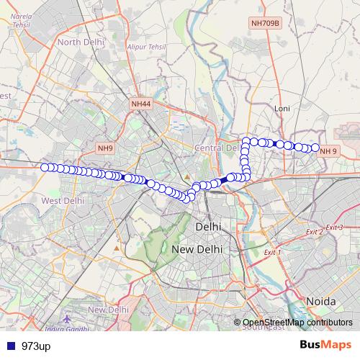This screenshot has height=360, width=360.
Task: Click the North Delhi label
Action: coord(81,42)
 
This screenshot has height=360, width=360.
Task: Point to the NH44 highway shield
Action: coord(141,104)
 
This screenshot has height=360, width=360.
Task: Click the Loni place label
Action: coord(282,109)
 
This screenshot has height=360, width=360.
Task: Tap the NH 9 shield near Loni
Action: coord(328,151)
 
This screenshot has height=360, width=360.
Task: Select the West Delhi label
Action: coord(63,200)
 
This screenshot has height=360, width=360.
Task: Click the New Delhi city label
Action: coord(197,249)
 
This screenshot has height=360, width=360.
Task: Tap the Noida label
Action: coord(320,300)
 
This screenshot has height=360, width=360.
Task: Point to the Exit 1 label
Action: coord(272,253)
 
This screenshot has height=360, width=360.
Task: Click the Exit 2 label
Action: coord(314,232)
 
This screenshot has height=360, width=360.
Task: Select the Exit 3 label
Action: coord(334,228)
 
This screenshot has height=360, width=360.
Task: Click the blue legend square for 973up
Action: coord(9,346)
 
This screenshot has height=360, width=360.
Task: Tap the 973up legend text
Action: coord(36,346)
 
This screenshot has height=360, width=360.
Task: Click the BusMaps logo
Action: coord(325,346)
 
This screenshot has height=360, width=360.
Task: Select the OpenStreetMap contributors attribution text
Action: coord(297,323)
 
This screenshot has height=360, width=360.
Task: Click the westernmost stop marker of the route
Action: coord(45,167)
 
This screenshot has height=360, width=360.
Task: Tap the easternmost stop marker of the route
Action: coord(315,148)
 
